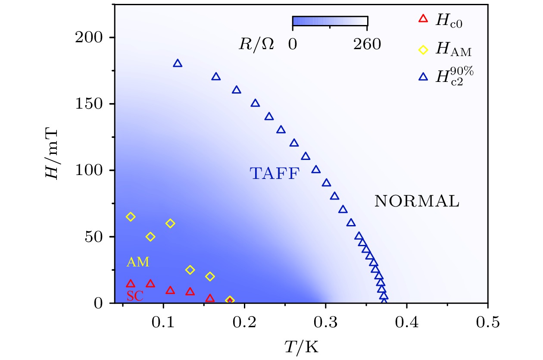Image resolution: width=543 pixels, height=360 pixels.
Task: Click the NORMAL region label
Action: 417,201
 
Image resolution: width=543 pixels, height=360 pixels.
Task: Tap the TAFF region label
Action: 275,174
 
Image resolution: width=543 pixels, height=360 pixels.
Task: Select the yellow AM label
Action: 138,262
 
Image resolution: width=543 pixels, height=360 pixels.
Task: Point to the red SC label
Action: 135,297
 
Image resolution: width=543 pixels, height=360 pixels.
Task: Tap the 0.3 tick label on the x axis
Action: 325,323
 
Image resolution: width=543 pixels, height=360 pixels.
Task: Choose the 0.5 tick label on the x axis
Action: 487,323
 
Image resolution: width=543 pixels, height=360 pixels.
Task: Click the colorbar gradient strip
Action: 330,21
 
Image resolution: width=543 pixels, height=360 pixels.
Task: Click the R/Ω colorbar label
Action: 256,45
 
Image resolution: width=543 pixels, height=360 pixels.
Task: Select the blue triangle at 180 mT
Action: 178,64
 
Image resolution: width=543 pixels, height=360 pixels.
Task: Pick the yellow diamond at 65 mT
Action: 131,217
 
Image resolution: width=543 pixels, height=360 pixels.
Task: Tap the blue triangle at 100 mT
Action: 316,170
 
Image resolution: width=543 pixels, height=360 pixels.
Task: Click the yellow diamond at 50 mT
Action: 150,237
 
